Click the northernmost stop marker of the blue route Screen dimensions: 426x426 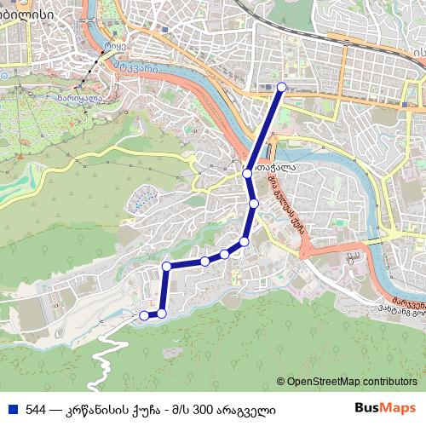[281, 87]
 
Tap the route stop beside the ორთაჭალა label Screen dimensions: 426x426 [247, 173]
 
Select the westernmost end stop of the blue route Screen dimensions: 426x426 [143, 315]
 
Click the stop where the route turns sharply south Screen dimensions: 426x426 [167, 267]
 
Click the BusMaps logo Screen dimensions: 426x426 [386, 409]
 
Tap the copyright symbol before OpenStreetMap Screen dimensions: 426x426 [280, 382]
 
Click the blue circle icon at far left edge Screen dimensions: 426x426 [3, 75]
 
